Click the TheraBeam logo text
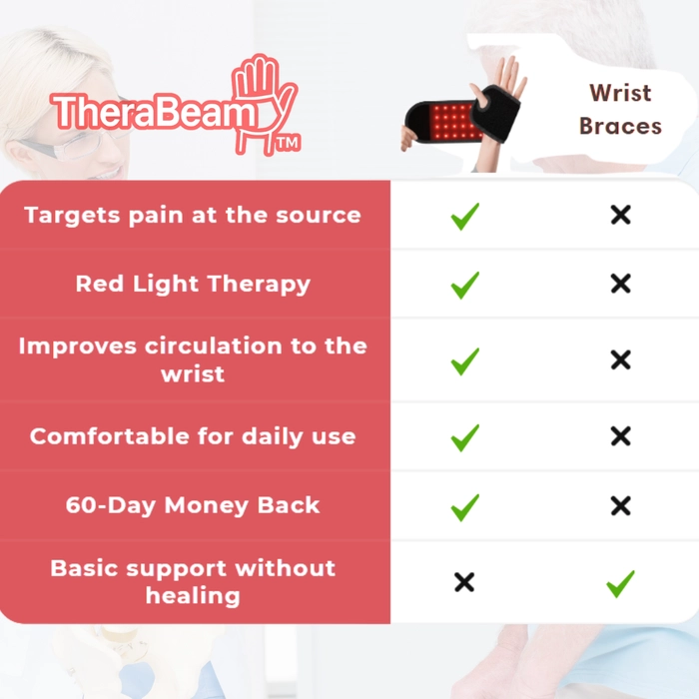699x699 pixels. point(154,112)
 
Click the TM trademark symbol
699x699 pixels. point(289,144)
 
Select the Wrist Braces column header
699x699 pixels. point(620,110)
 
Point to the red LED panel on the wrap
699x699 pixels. point(454,122)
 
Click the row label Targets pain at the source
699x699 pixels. point(193,216)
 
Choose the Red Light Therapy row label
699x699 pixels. point(193,284)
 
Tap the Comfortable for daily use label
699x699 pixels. point(193,436)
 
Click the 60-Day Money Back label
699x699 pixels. point(193,505)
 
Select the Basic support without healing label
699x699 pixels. point(193,582)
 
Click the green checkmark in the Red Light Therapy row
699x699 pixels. point(465,285)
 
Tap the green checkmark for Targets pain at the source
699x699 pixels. point(465,217)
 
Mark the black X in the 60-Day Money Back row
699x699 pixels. point(620,506)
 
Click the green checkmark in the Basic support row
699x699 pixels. point(620,583)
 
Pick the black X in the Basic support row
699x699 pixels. point(464,582)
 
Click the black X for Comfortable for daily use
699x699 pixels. point(620,436)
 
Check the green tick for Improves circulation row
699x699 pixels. point(465,361)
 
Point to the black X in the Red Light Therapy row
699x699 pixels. point(620,284)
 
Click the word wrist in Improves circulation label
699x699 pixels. point(193,374)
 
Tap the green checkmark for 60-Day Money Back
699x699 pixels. point(465,507)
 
